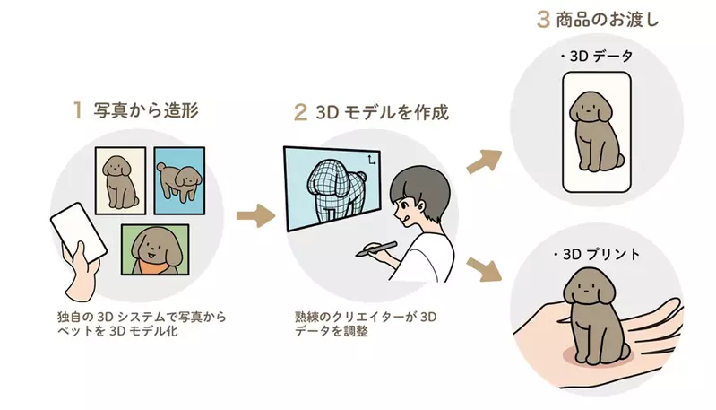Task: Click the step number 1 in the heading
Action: click(78, 110)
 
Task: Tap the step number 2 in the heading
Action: click(300, 112)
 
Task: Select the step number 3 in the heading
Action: click(543, 19)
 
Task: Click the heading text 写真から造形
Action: click(146, 110)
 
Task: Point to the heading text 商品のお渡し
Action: click(608, 20)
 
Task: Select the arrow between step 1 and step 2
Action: click(255, 215)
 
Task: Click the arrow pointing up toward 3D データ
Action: click(484, 161)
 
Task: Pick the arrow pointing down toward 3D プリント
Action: click(484, 269)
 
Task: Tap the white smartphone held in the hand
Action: click(79, 233)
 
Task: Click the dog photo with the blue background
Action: click(179, 180)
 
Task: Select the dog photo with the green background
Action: click(155, 249)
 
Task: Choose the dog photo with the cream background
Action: click(121, 180)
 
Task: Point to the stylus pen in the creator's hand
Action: click(376, 249)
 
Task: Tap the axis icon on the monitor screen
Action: click(372, 160)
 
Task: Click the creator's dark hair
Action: click(420, 187)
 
